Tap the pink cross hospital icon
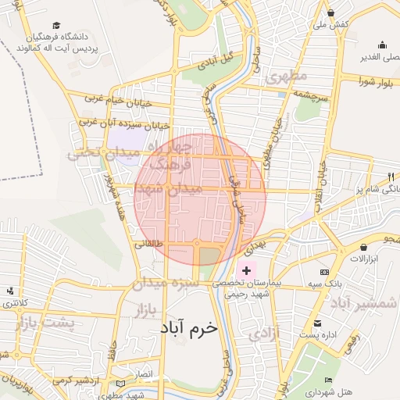tap(247, 270)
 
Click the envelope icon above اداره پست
tap(317, 323)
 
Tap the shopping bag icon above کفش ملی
tap(332, 13)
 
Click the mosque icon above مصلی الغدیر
tap(381, 45)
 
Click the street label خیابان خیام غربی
tap(111, 98)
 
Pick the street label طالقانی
tap(148, 245)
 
